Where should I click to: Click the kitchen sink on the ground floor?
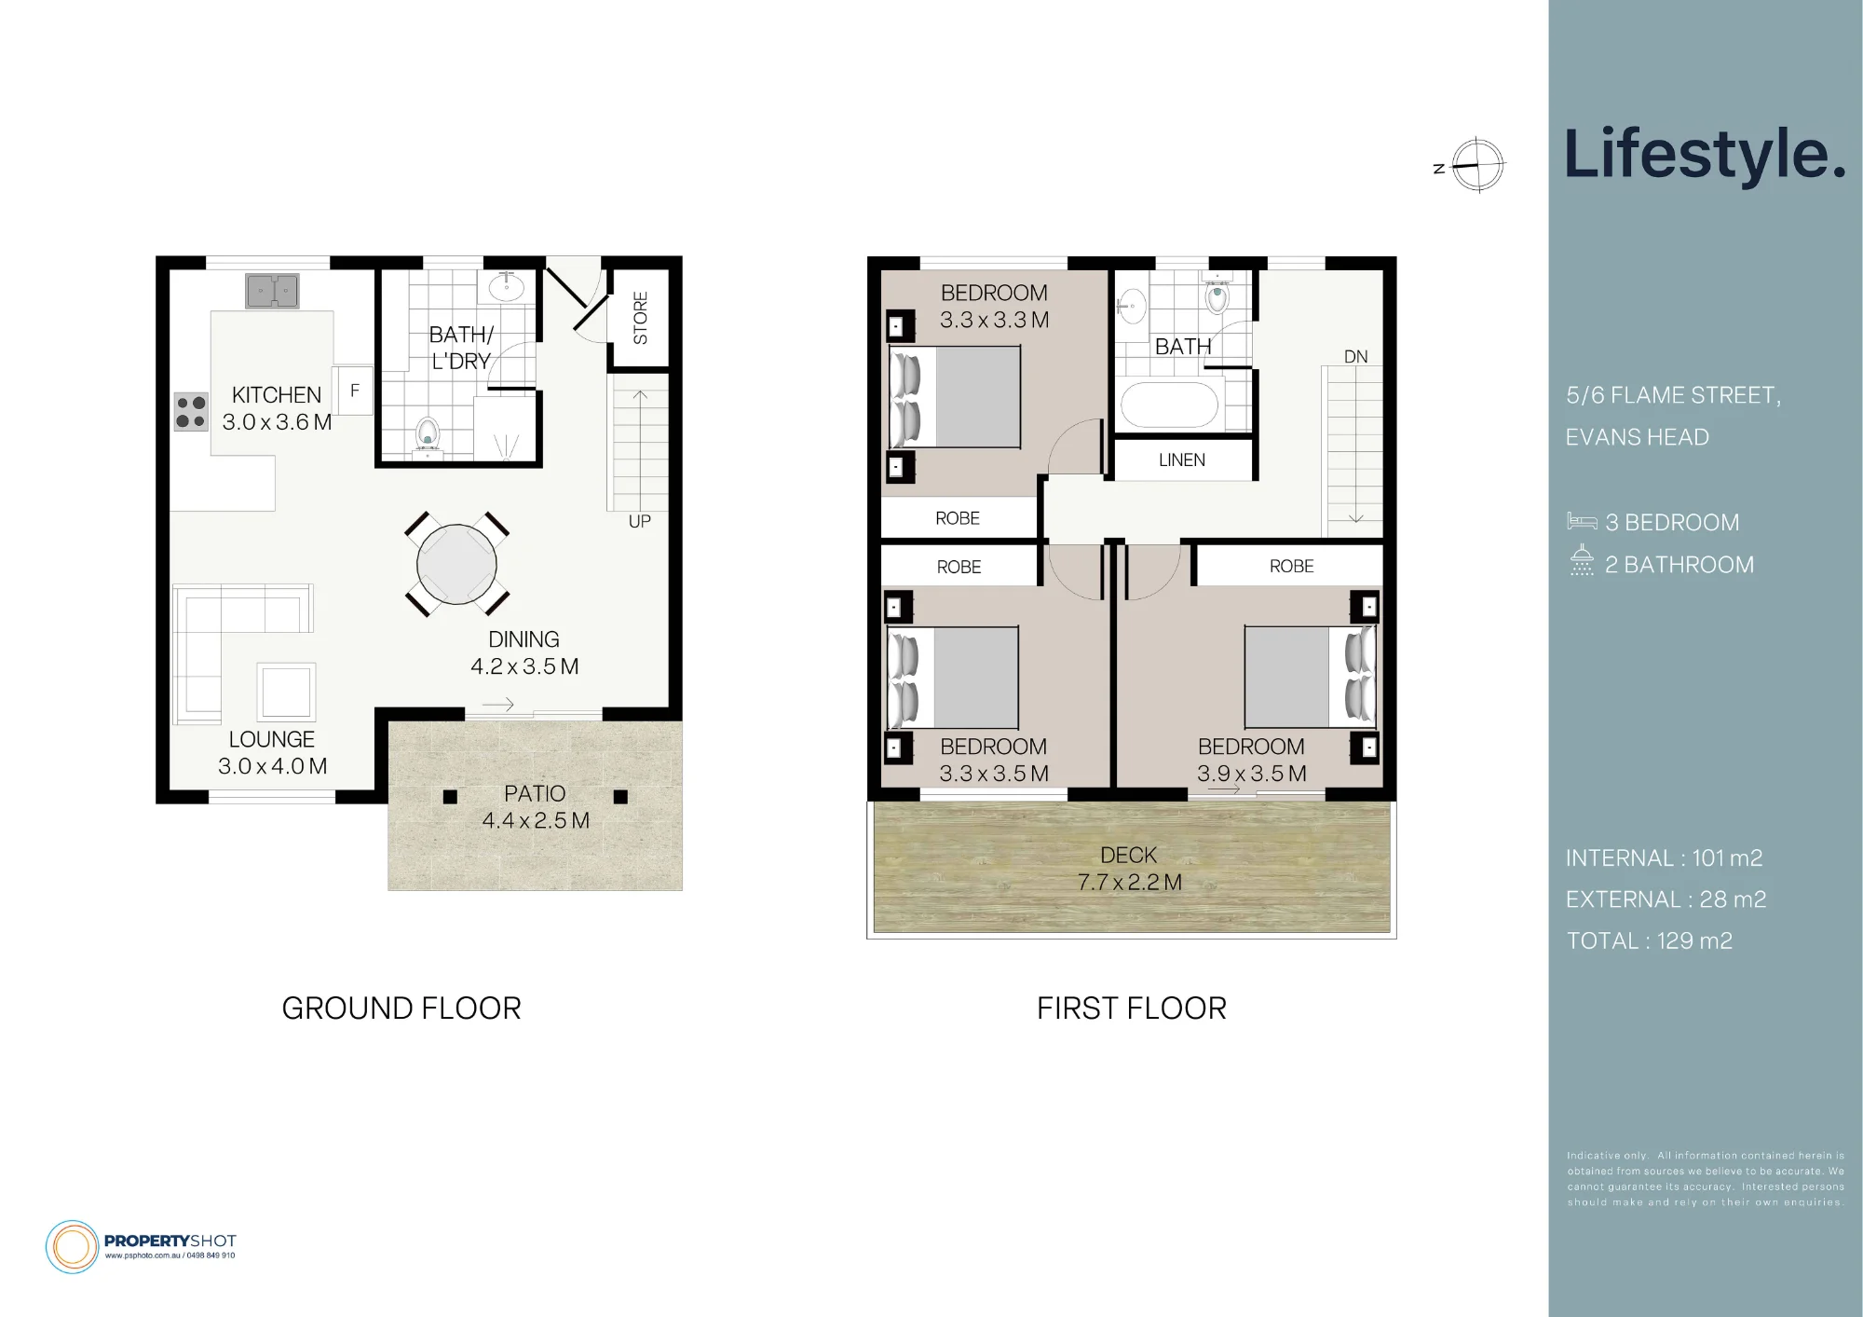pos(272,291)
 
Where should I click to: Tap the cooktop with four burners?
pos(191,412)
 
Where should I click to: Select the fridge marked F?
pos(354,391)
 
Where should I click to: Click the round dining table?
pos(456,565)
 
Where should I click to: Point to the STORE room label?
pos(640,318)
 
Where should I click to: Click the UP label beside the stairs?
pos(640,522)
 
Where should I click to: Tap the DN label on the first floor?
pos(1356,357)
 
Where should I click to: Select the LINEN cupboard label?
pos(1182,460)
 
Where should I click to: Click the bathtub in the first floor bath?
pos(1169,405)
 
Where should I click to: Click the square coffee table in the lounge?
pos(286,692)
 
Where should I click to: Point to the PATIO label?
pos(535,794)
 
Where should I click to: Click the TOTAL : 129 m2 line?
pos(1649,941)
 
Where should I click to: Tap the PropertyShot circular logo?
pos(72,1246)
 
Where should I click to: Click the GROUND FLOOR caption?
pos(401,1008)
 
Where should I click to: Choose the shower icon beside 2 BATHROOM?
pos(1582,560)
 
